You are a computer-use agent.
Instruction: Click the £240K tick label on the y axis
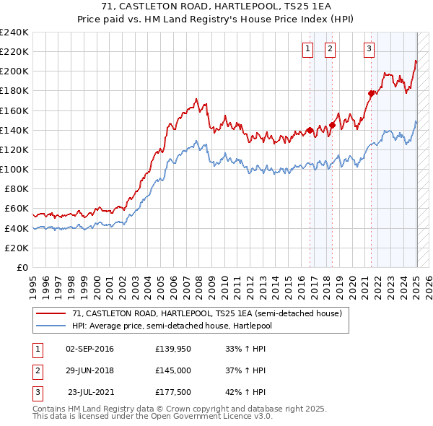pyautogui.click(x=14, y=32)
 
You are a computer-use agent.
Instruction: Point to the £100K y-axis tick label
pyautogui.click(x=14, y=169)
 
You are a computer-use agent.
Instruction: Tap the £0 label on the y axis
pyautogui.click(x=22, y=267)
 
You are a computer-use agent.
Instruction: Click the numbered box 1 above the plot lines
pyautogui.click(x=307, y=49)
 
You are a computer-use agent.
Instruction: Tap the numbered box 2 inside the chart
pyautogui.click(x=330, y=49)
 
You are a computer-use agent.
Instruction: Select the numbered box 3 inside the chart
pyautogui.click(x=369, y=49)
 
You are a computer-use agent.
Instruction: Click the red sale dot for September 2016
pyautogui.click(x=310, y=130)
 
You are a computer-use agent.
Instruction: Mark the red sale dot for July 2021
pyautogui.click(x=372, y=93)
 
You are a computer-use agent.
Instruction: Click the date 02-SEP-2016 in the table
pyautogui.click(x=89, y=349)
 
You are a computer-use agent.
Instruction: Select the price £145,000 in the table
pyautogui.click(x=173, y=370)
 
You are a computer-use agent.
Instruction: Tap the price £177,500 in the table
pyautogui.click(x=173, y=392)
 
